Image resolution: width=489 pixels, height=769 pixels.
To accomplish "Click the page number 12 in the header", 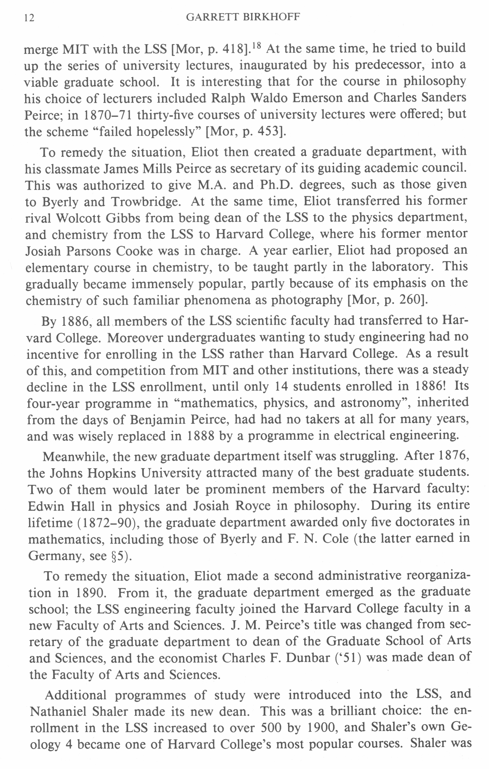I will coord(29,18).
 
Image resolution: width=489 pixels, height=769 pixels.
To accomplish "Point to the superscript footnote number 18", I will coord(257,46).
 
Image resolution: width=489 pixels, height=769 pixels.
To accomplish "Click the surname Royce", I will coord(253,506).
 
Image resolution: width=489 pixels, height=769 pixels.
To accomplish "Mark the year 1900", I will coord(320,728).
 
